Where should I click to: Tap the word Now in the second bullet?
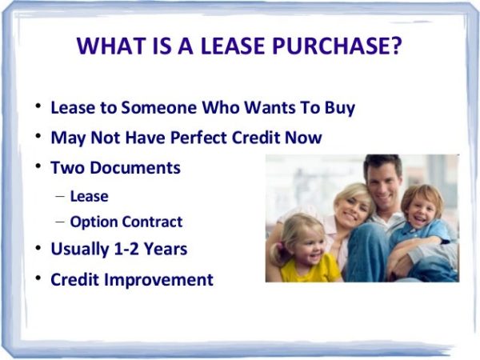pos(304,138)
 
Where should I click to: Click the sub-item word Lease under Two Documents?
pos(89,195)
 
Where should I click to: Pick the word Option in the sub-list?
pos(92,222)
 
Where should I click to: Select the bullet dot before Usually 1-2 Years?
pos(38,249)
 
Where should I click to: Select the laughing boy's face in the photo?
pos(420,210)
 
